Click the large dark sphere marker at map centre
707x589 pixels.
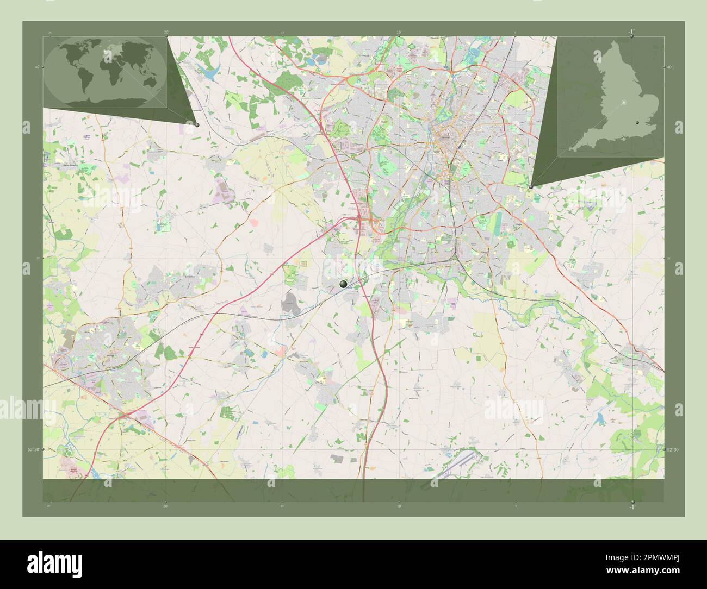(343, 284)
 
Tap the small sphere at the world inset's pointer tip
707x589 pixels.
(197, 125)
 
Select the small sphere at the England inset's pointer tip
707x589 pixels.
(531, 186)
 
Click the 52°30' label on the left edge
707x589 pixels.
(34, 449)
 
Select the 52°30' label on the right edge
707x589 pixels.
(673, 449)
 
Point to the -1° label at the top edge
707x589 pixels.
(631, 32)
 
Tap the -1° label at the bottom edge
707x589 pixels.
(631, 507)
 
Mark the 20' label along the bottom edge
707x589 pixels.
(165, 506)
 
